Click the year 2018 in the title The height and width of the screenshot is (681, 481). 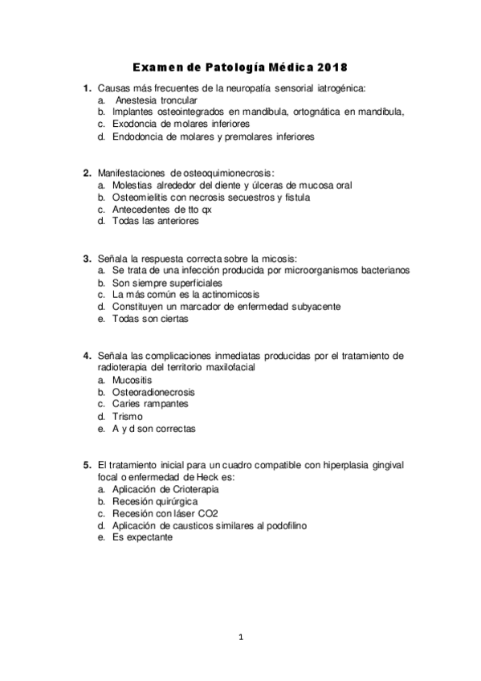click(x=332, y=67)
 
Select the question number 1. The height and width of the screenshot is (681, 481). click(x=86, y=88)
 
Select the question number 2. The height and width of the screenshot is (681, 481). click(x=86, y=173)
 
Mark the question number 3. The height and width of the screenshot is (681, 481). click(x=86, y=259)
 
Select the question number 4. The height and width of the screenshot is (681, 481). click(x=86, y=356)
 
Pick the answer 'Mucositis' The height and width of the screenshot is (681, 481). click(x=132, y=380)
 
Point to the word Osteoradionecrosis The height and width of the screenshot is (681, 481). click(x=153, y=392)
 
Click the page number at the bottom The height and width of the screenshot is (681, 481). click(x=240, y=638)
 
